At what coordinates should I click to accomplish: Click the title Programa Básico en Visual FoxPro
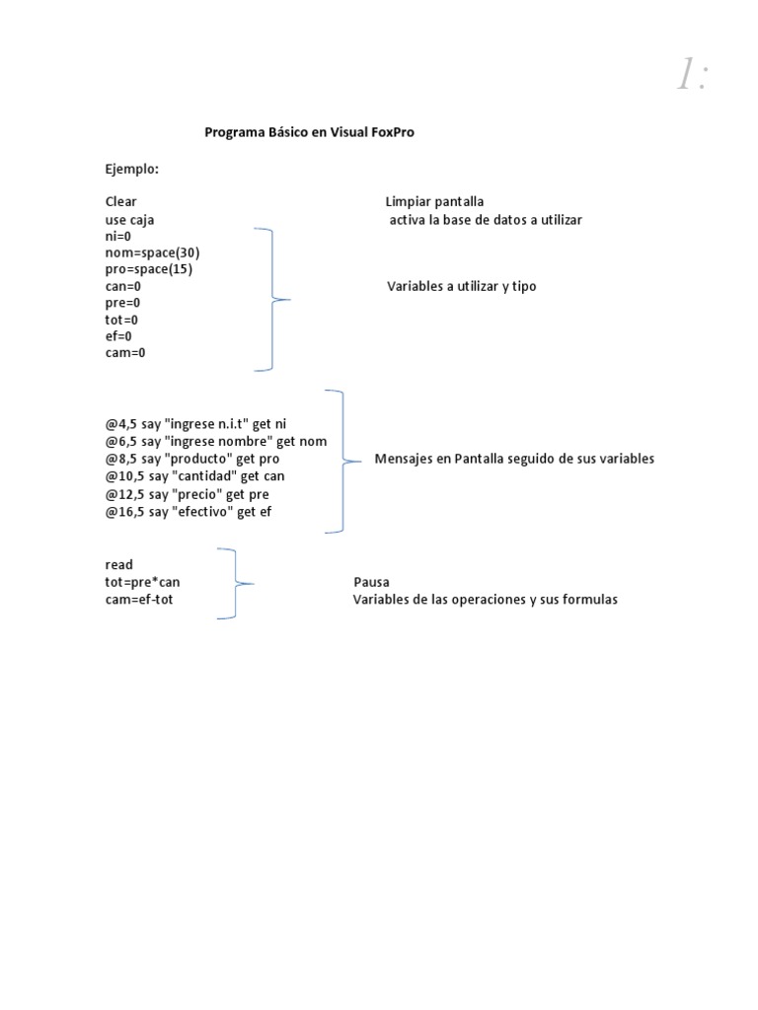[x=309, y=132]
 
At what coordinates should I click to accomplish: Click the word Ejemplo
[x=132, y=169]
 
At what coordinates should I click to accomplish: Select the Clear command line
[x=121, y=202]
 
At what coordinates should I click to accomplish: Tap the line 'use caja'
[x=129, y=219]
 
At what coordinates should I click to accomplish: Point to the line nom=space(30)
[x=152, y=252]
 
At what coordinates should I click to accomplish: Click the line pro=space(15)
[x=149, y=269]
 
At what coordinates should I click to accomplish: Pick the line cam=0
[x=125, y=352]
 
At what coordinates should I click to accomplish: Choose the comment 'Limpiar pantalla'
[x=434, y=202]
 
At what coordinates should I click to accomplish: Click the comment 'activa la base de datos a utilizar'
[x=486, y=219]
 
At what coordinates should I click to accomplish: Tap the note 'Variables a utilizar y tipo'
[x=462, y=286]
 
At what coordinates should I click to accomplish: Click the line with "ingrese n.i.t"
[x=195, y=424]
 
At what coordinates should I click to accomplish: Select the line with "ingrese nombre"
[x=216, y=441]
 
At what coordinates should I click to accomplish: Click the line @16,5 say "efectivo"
[x=188, y=511]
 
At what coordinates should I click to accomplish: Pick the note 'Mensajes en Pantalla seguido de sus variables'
[x=514, y=459]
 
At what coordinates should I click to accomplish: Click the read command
[x=118, y=565]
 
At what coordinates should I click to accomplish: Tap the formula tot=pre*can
[x=143, y=582]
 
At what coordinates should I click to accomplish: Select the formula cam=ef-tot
[x=139, y=599]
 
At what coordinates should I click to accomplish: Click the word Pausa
[x=371, y=582]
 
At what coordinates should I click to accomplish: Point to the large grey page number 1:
[x=692, y=75]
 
